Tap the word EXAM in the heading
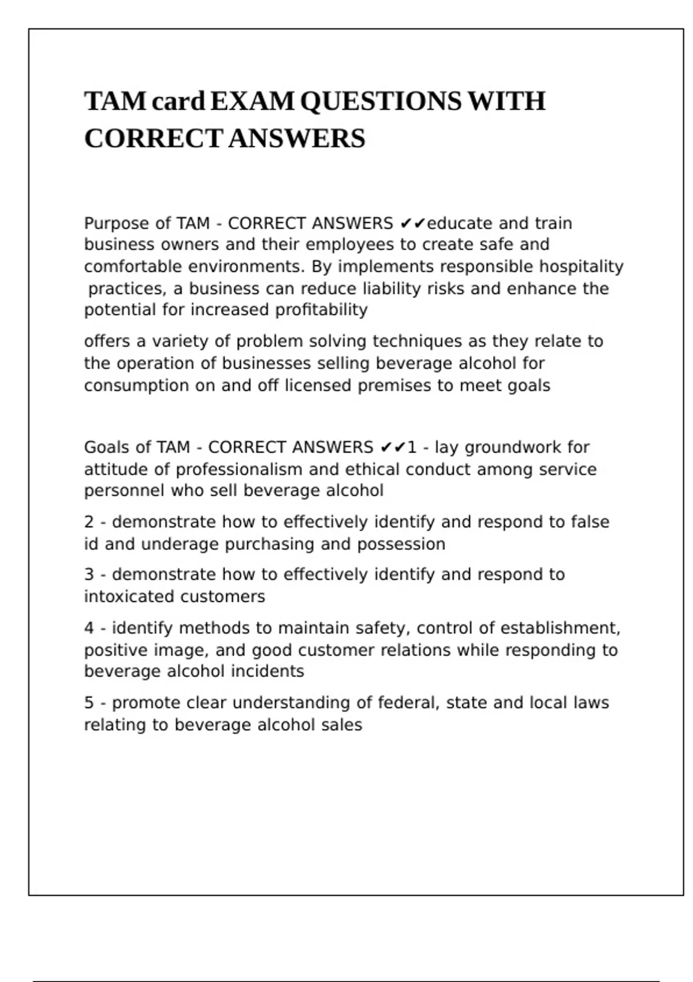pyautogui.click(x=252, y=102)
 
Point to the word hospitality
pyautogui.click(x=581, y=267)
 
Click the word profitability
pyautogui.click(x=321, y=310)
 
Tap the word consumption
pyautogui.click(x=136, y=386)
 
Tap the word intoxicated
pyautogui.click(x=132, y=597)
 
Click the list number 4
pyautogui.click(x=89, y=628)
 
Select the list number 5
pyautogui.click(x=89, y=703)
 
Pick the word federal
pyautogui.click(x=407, y=703)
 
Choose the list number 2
pyautogui.click(x=89, y=522)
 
